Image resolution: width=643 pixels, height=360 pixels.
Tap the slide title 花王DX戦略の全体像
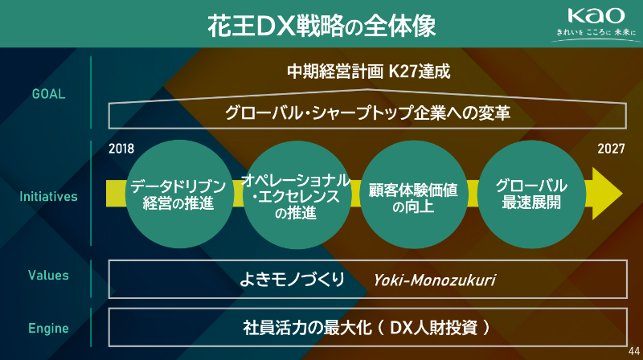pos(321,26)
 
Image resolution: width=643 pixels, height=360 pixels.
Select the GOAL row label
pos(48,94)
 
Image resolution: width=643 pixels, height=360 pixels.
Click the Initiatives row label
pos(48,196)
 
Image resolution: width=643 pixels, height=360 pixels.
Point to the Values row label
pos(48,275)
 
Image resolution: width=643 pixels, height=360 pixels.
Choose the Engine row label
pos(48,328)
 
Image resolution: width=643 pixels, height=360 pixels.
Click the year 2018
pos(121,149)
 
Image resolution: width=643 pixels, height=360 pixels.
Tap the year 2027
pos(611,149)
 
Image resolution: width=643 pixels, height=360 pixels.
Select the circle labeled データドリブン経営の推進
pos(179,194)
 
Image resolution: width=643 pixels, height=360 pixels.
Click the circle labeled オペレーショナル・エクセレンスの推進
pos(297,194)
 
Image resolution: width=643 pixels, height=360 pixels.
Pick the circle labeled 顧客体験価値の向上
pos(413,194)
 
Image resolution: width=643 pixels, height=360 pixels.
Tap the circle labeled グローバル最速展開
pos(531,194)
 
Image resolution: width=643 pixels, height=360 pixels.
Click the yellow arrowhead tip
pos(622,194)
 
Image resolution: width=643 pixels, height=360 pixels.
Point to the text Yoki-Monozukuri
pos(434,280)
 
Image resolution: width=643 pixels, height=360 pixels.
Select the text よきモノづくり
pos(292,280)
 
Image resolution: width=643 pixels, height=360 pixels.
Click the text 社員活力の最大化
pos(307,328)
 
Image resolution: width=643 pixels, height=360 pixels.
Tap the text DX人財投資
pos(433,328)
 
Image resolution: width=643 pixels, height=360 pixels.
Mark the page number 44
pos(634,351)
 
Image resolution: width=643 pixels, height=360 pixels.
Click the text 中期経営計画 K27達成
pos(369,72)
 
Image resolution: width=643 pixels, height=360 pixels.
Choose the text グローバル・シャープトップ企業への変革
pos(368,112)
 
